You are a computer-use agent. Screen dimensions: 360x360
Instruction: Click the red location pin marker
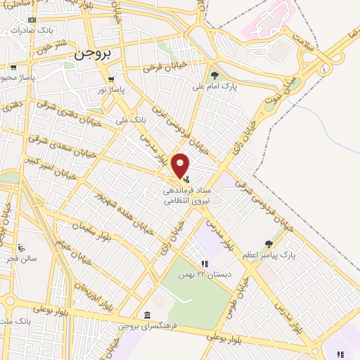(181, 165)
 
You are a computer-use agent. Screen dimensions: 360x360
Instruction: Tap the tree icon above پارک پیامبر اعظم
(268, 244)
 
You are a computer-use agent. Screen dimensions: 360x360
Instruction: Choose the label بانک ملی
(132, 120)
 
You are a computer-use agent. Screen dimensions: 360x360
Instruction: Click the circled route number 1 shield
(324, 70)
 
